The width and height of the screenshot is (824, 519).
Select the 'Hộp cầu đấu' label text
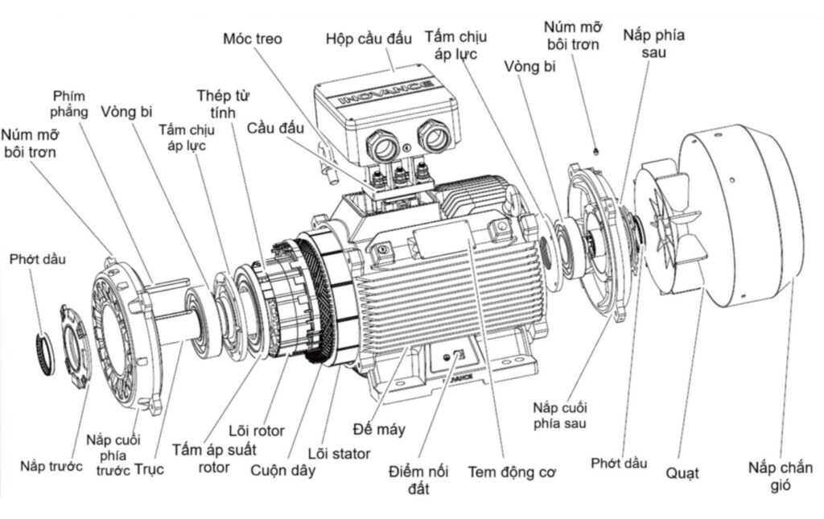pyautogui.click(x=369, y=38)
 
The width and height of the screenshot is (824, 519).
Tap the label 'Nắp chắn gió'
pyautogui.click(x=780, y=476)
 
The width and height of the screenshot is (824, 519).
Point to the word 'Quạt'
pyautogui.click(x=682, y=473)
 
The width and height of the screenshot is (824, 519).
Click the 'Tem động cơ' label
pyautogui.click(x=512, y=472)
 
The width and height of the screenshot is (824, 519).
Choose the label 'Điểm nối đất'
pyautogui.click(x=417, y=479)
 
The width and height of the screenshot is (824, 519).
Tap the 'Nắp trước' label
pyautogui.click(x=51, y=466)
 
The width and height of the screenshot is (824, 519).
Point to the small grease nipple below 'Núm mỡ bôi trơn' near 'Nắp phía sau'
pyautogui.click(x=594, y=150)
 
